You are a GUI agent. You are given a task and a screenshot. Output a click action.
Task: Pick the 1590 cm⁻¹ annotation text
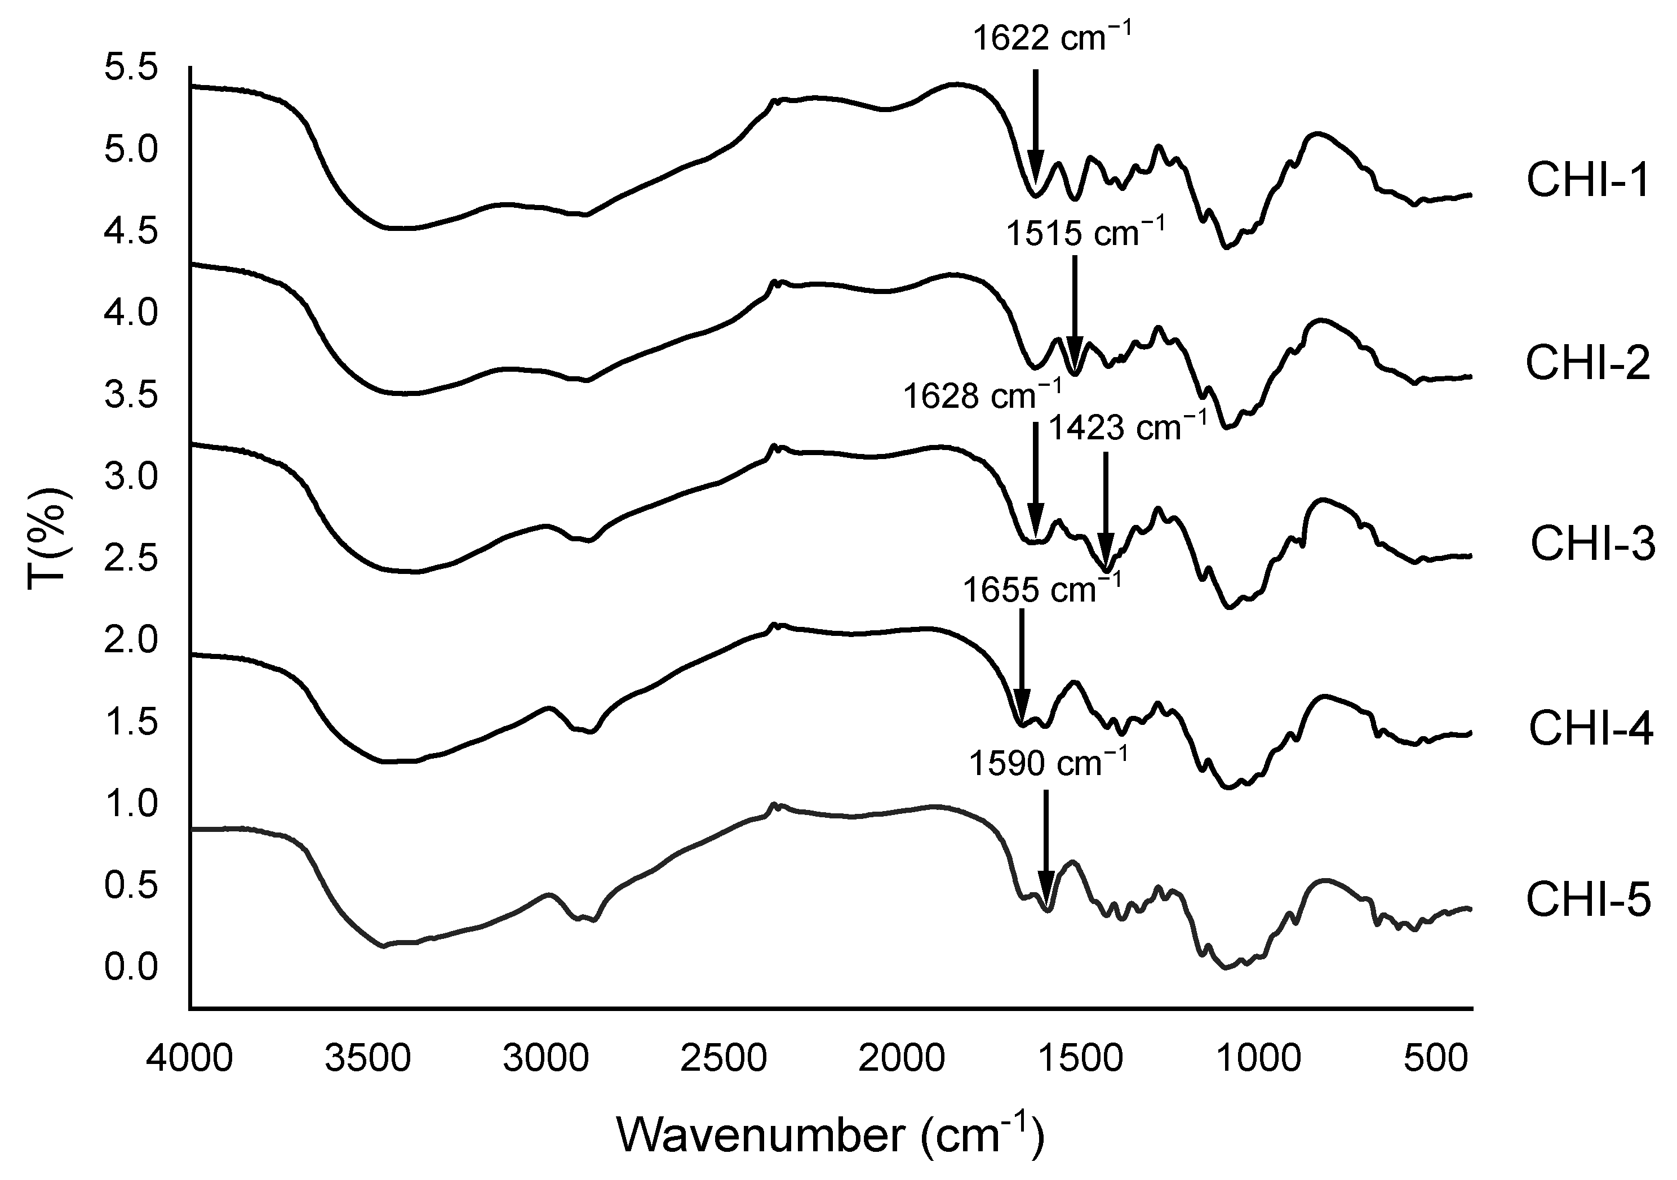(1048, 764)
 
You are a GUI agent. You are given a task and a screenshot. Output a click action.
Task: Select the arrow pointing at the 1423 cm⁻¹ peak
(1105, 511)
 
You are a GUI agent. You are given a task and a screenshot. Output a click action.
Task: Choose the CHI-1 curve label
(1588, 181)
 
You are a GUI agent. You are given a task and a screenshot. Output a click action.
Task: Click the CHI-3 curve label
(1592, 545)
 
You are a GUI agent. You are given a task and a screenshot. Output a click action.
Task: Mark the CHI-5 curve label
(1588, 900)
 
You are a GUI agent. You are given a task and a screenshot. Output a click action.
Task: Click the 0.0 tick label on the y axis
(131, 968)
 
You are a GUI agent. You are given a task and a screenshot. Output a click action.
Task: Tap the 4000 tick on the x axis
(190, 1059)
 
